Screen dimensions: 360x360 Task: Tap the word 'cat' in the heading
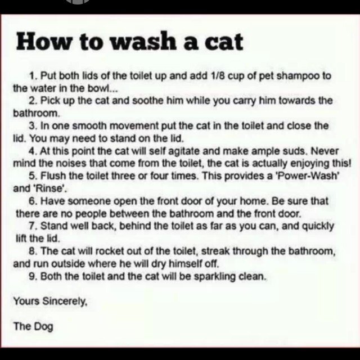[x=224, y=43]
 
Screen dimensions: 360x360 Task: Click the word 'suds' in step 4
[x=296, y=151]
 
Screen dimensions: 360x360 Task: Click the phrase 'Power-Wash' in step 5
[x=308, y=176]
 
